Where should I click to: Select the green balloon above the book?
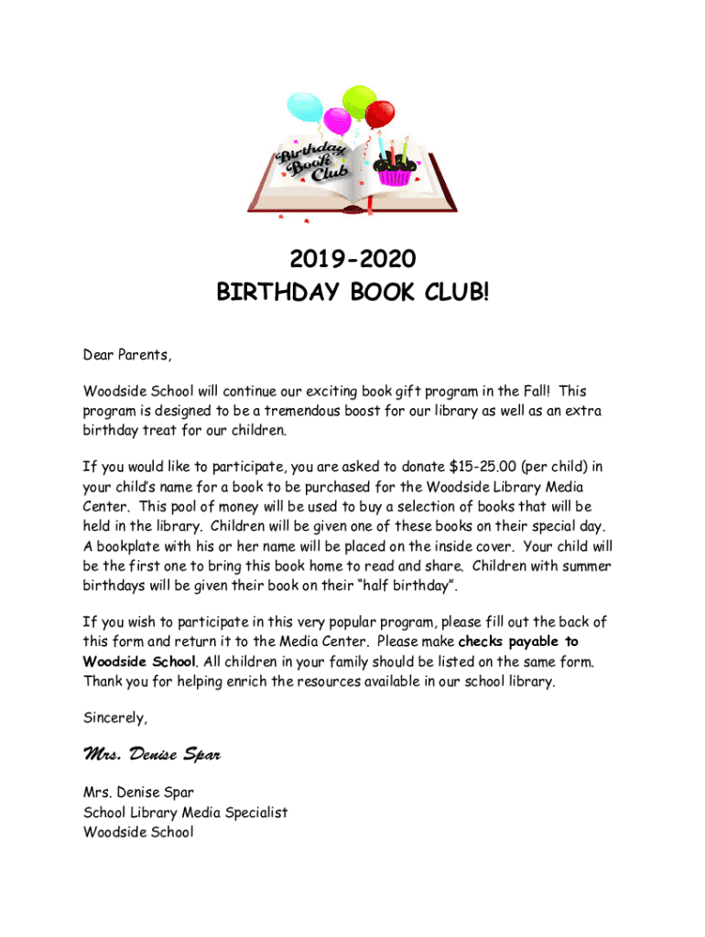click(357, 102)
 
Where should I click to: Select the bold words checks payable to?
click(517, 641)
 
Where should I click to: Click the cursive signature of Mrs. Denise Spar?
click(152, 756)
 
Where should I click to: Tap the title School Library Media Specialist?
click(185, 813)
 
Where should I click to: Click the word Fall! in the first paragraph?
click(542, 392)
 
